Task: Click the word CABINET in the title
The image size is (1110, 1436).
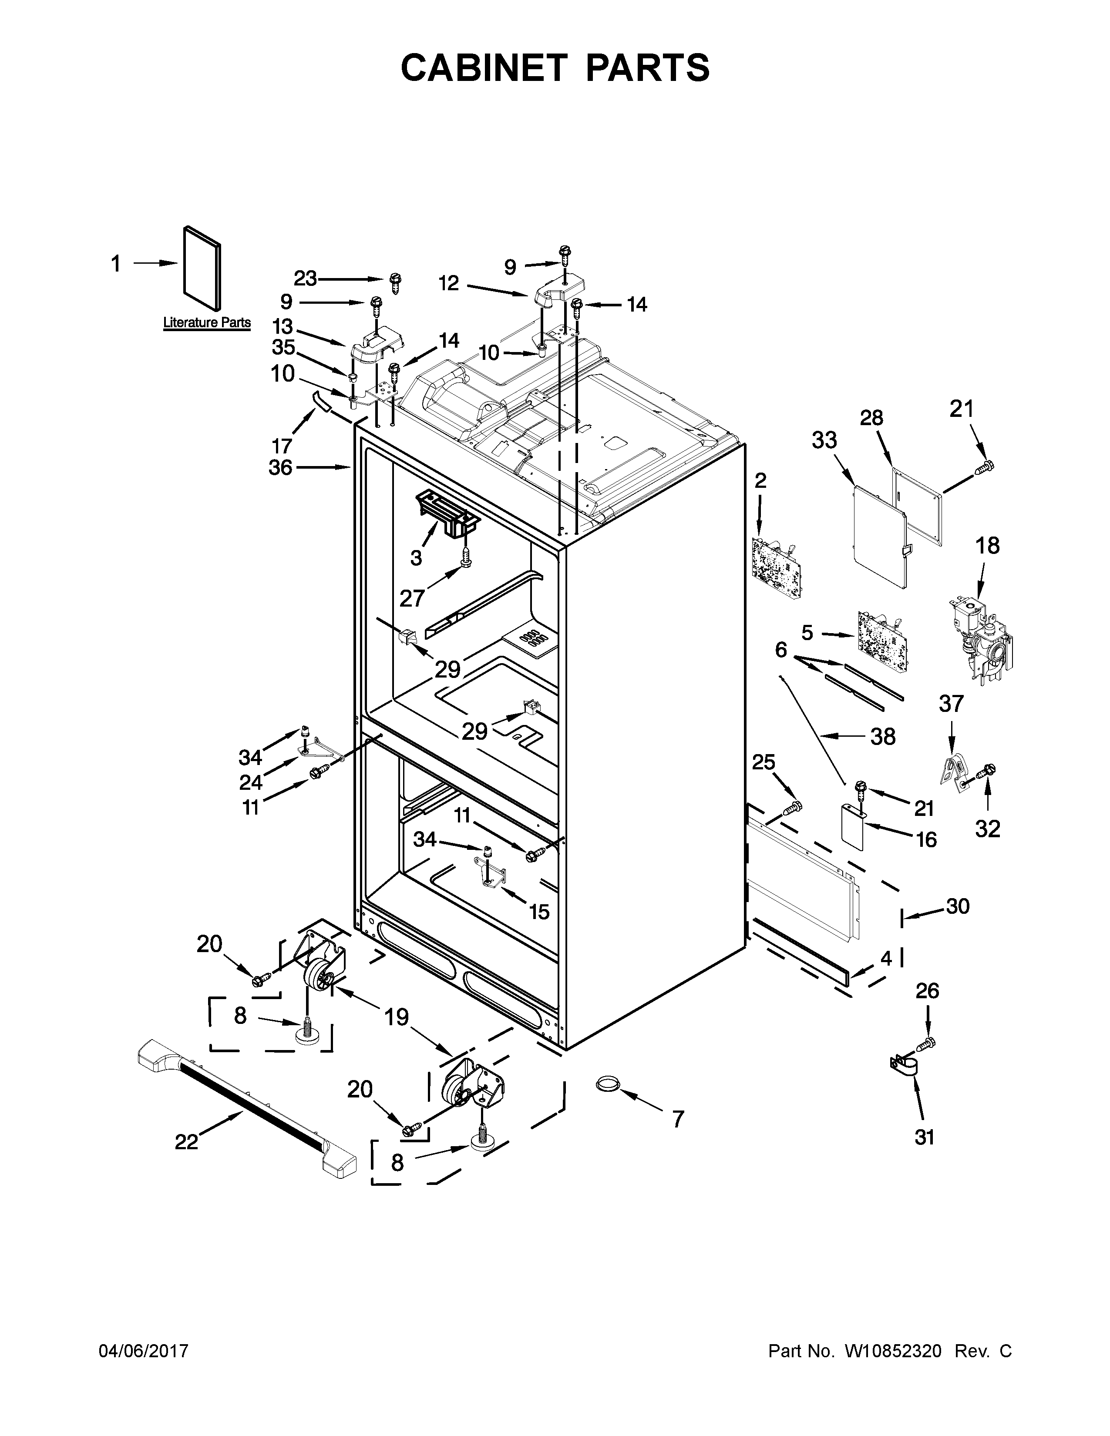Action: [483, 68]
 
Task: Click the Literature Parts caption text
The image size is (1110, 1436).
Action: [206, 323]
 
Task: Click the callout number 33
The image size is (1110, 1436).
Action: [824, 440]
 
